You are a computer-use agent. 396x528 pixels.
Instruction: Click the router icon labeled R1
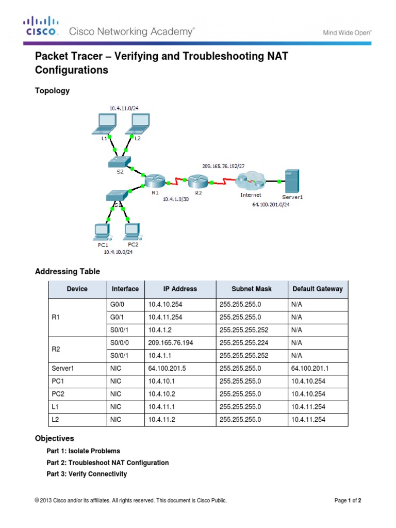tap(154, 181)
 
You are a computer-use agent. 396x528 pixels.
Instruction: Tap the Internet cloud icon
tap(250, 182)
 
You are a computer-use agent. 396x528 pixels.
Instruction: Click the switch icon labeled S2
tap(120, 162)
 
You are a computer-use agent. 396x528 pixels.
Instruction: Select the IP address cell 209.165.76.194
tap(170, 343)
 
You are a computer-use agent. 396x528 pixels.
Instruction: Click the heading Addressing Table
tap(67, 271)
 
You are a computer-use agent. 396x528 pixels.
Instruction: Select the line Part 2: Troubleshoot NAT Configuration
tap(107, 463)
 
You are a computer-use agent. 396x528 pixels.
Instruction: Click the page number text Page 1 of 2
tap(351, 500)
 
